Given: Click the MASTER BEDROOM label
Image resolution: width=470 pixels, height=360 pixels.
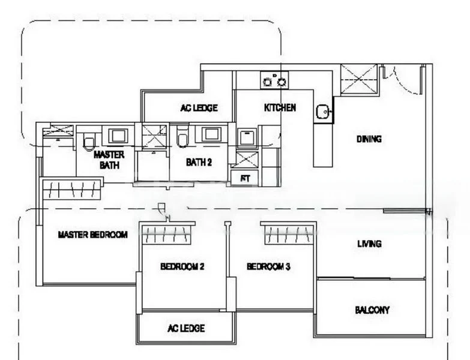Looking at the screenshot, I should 92,235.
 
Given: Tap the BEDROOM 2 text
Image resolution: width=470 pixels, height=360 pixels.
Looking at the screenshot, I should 182,266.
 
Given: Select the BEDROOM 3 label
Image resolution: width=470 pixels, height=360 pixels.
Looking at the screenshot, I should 268,266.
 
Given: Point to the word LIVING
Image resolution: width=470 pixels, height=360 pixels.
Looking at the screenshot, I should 369,244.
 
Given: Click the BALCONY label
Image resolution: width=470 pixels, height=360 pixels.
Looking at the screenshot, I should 372,310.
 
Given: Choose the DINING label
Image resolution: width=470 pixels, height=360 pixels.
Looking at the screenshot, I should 369,139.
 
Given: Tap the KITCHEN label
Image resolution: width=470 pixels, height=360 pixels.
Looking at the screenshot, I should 280,108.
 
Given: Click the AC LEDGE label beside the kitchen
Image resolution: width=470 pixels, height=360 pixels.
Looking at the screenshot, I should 199,109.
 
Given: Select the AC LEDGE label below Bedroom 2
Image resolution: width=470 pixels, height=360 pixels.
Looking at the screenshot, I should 185,328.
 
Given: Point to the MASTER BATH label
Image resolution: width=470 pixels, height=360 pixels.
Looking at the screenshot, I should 109,160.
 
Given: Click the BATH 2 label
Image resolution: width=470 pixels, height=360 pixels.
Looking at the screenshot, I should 198,162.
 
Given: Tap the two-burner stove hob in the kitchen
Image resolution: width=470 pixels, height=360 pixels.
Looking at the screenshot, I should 274,80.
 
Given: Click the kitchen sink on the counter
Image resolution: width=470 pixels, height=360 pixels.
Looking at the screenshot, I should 323,111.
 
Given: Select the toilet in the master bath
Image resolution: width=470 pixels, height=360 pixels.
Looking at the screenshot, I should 89,140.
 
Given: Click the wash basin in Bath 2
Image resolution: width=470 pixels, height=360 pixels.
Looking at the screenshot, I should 211,134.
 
